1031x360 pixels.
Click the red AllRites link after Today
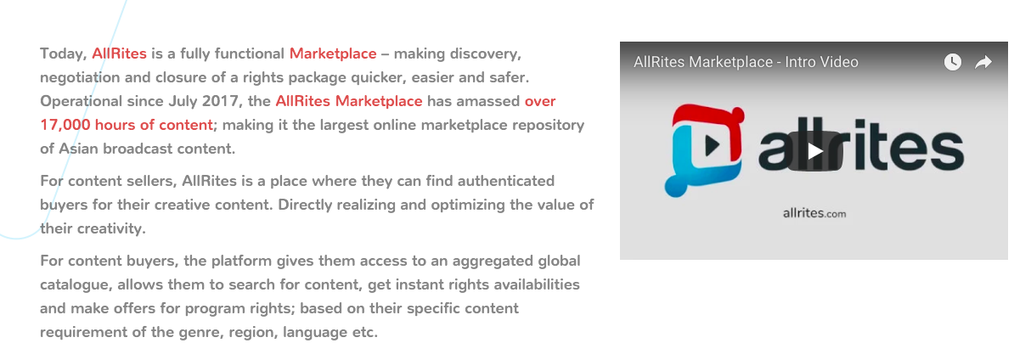coord(119,53)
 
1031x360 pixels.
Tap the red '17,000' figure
coord(65,125)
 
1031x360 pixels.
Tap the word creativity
coord(111,228)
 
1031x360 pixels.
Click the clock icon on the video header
coord(952,62)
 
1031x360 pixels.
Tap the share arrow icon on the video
coord(983,62)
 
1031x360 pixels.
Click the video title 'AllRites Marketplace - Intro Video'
coord(746,62)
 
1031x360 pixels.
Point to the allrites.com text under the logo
coord(814,213)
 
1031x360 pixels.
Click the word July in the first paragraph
coord(183,102)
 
